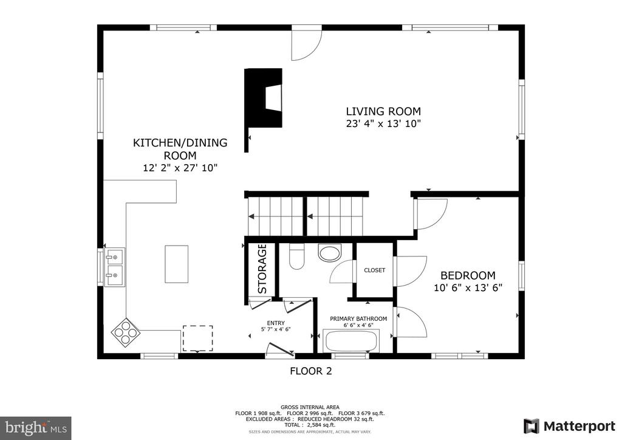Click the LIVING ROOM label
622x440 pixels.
tap(383, 111)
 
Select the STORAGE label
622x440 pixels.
tap(262, 269)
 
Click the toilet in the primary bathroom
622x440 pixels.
tap(296, 256)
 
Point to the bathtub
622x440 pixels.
tap(350, 341)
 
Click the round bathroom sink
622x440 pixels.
tap(330, 253)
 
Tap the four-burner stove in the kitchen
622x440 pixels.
tap(125, 332)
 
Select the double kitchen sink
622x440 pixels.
tap(114, 267)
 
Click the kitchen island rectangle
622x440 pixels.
tap(177, 264)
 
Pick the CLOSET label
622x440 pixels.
tap(374, 270)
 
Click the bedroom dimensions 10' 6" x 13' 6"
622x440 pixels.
tap(468, 287)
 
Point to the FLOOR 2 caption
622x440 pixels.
tap(311, 371)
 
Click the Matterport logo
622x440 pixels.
tap(570, 427)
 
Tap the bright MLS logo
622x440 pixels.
tap(36, 428)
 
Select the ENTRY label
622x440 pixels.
tap(276, 323)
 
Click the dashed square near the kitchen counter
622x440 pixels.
tap(197, 339)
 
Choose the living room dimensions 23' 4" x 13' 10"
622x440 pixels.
tap(383, 124)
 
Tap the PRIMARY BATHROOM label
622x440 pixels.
tap(358, 318)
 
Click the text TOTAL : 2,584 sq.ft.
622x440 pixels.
tap(310, 425)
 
